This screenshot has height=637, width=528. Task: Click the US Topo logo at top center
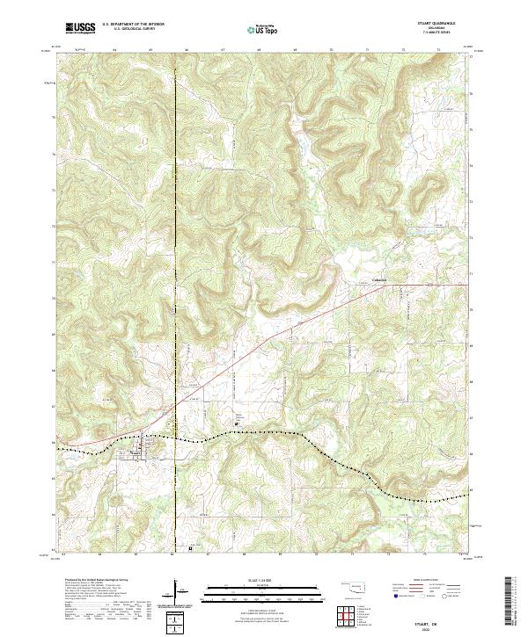click(264, 29)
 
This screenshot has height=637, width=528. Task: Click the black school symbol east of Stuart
click(235, 424)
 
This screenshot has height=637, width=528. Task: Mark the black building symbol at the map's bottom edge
click(191, 553)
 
